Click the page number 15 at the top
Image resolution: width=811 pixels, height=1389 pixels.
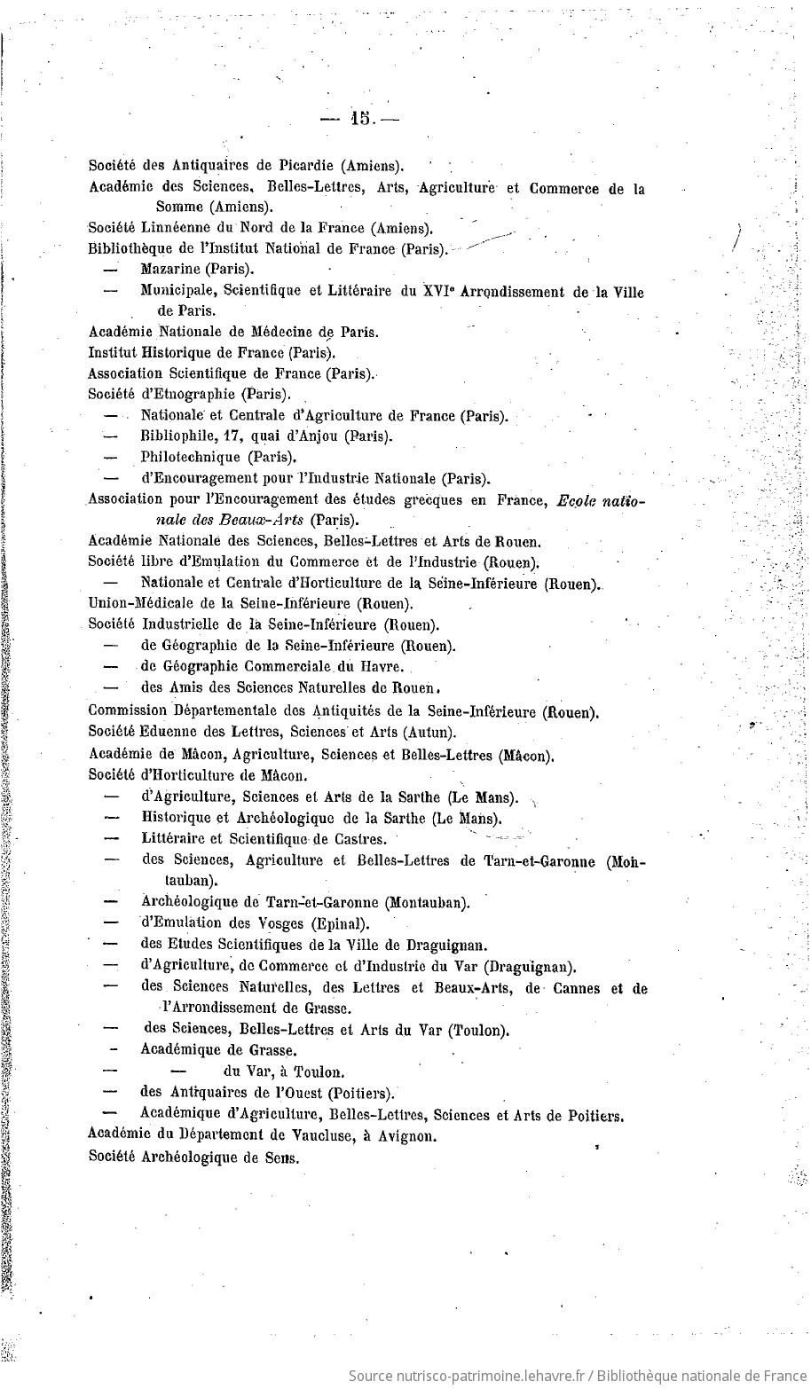point(360,118)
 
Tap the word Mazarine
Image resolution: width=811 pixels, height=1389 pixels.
point(170,269)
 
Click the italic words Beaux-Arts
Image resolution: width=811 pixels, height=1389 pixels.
point(263,520)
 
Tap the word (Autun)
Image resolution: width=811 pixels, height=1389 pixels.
point(429,732)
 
